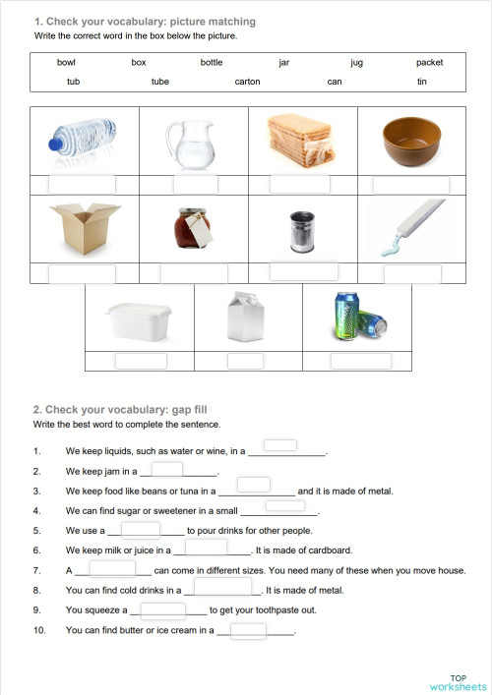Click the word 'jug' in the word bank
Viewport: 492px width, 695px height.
pyautogui.click(x=356, y=62)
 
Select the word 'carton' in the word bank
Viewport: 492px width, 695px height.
pyautogui.click(x=248, y=82)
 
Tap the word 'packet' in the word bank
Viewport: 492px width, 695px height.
pyautogui.click(x=429, y=62)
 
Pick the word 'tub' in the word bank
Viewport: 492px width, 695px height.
pyautogui.click(x=74, y=82)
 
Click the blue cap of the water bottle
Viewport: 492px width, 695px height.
pyautogui.click(x=55, y=145)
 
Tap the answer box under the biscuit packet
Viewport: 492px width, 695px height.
pyautogui.click(x=300, y=184)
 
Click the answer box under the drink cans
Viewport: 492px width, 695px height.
pyautogui.click(x=361, y=361)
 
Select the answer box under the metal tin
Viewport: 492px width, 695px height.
pyautogui.click(x=303, y=271)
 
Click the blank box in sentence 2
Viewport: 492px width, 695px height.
pyautogui.click(x=167, y=469)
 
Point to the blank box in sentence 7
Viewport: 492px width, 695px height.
pyautogui.click(x=113, y=567)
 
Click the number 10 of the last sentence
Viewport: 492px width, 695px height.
pyautogui.click(x=39, y=631)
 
